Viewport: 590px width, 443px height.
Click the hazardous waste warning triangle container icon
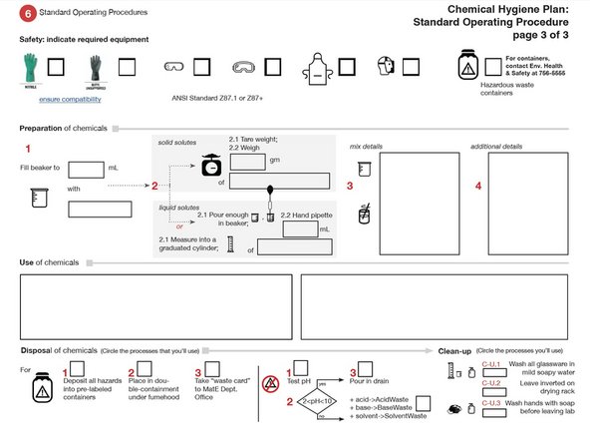coord(466,67)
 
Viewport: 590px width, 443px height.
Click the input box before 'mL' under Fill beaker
coord(86,169)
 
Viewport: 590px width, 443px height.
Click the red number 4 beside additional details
coord(477,186)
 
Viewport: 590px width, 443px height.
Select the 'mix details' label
coord(368,146)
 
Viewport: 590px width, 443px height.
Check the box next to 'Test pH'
coord(300,369)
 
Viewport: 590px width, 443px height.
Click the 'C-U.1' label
coord(491,365)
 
